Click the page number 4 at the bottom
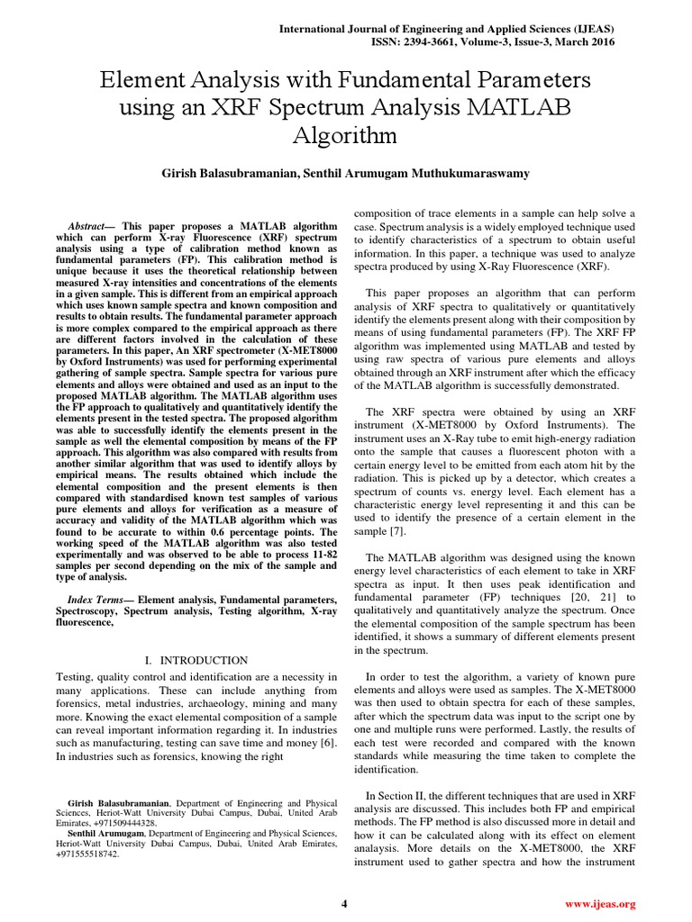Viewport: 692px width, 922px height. (x=345, y=903)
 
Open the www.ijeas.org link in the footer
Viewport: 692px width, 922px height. (x=600, y=903)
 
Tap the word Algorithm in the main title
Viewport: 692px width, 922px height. (x=345, y=136)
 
